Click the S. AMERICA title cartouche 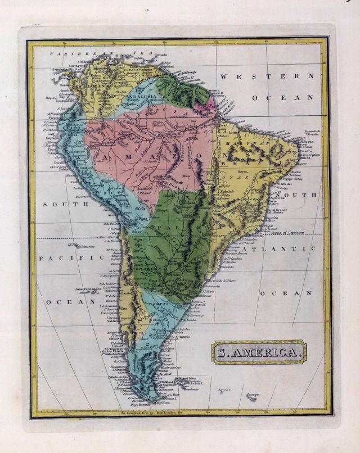(x=259, y=353)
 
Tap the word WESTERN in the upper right (x=267, y=76)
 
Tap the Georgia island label (x=253, y=395)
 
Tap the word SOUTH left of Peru (x=54, y=204)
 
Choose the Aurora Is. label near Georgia (x=224, y=389)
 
